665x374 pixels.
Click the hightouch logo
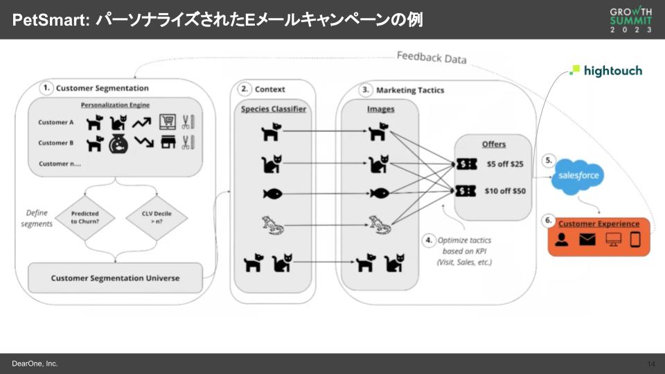[x=606, y=71]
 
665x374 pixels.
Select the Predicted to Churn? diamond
[x=85, y=218]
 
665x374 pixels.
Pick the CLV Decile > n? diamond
[x=158, y=218]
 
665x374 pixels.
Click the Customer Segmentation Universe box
[x=115, y=278]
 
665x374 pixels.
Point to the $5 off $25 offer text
[x=505, y=164]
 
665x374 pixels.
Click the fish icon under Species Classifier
[x=271, y=193]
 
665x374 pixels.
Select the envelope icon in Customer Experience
[x=588, y=240]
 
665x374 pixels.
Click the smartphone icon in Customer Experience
[x=635, y=240]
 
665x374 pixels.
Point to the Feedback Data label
[x=431, y=57]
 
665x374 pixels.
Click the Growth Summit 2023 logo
[x=630, y=21]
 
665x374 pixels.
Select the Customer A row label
[x=56, y=123]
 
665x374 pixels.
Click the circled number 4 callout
[x=429, y=240]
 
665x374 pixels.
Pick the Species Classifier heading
[x=273, y=109]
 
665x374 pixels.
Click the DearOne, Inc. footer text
[x=35, y=364]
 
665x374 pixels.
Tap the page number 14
[x=650, y=364]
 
